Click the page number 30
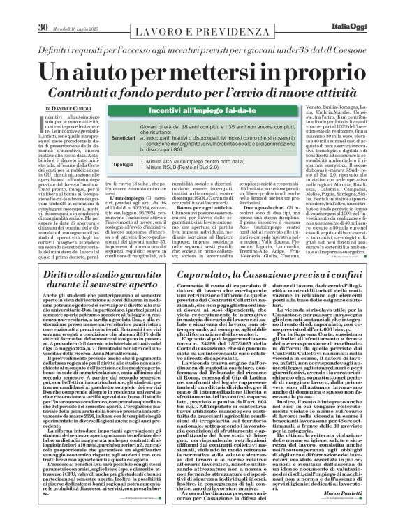pyautogui.click(x=42, y=8)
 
